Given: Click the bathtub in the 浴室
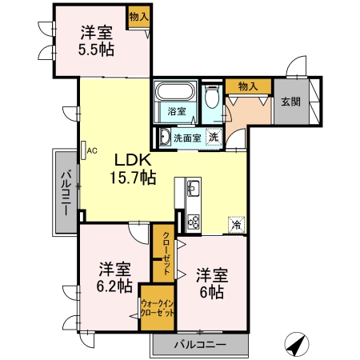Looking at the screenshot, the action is coord(175,91).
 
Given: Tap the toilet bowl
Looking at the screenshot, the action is coord(212,98).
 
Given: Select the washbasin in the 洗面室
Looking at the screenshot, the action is coord(165,137).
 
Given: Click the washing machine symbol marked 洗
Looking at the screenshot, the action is coord(214,137).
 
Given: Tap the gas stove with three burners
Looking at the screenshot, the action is coord(194,222).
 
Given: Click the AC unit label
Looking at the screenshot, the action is coord(92,150).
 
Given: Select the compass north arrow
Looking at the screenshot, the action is coord(297,344).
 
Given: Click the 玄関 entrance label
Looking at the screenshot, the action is coord(291,102).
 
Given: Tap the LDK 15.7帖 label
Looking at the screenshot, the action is coord(133,169).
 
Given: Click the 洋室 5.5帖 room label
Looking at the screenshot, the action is coord(96,41).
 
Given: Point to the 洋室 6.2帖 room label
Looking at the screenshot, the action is coord(114,278).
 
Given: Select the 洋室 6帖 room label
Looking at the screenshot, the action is coord(212,283).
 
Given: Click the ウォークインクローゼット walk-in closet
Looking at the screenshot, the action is coord(158,308).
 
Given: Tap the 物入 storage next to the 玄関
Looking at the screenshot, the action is coord(248,86).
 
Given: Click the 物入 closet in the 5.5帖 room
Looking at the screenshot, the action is coord(138,17).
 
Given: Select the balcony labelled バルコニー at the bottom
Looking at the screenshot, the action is coord(200,345).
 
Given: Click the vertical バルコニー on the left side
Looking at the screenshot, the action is coord(66,193).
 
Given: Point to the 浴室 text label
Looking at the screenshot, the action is coord(177,111).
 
